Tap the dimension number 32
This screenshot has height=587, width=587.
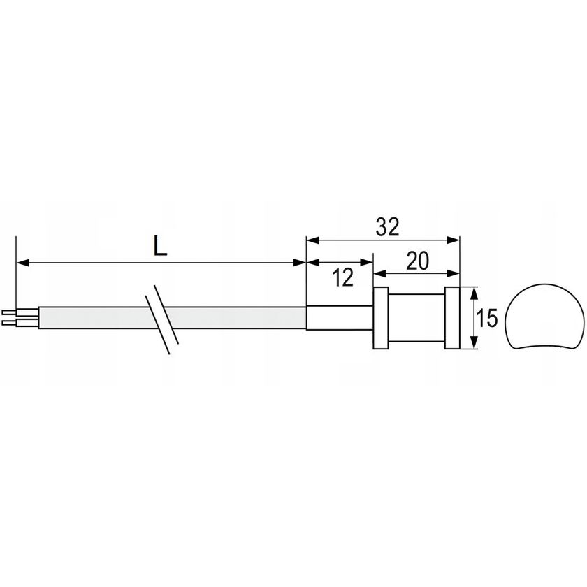click(x=388, y=227)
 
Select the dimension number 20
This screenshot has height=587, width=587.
click(x=417, y=261)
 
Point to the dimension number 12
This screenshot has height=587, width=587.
click(x=343, y=278)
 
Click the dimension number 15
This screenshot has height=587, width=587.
click(x=488, y=318)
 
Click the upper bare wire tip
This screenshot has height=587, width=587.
click(x=9, y=312)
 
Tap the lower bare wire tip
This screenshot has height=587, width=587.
click(x=9, y=323)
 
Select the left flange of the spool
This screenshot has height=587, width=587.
click(x=381, y=318)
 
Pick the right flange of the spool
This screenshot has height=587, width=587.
click(x=452, y=318)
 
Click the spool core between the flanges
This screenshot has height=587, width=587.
click(x=416, y=318)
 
